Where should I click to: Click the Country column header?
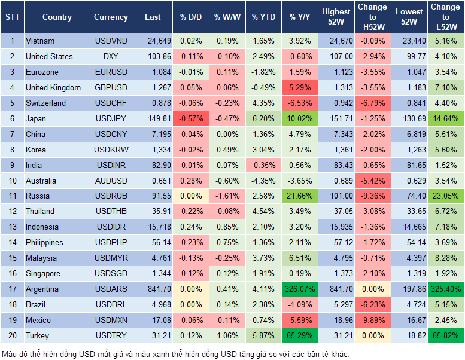point(57,17)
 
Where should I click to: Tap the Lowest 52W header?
point(409,17)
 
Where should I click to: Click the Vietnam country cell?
point(40,41)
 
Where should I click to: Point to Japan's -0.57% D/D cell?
point(190,118)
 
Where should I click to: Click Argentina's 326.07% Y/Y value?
point(300,289)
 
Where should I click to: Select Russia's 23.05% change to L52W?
point(446,196)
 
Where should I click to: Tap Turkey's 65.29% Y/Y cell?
point(300,335)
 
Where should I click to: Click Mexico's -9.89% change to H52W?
point(372,320)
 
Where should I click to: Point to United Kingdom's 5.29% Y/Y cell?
point(300,87)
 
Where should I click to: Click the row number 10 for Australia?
point(11,181)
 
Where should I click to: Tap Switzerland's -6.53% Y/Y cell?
point(300,103)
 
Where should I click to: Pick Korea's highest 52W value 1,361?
point(336,150)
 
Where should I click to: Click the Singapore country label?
point(43,273)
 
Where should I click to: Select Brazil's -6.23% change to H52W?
point(372,304)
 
